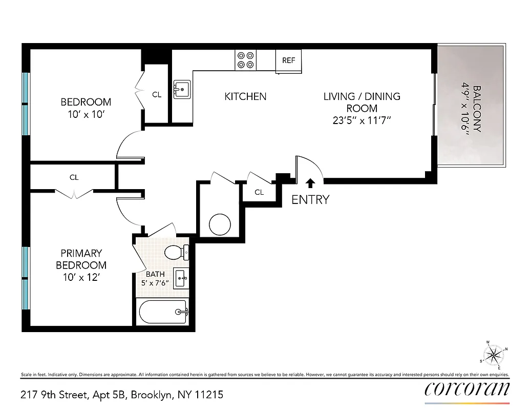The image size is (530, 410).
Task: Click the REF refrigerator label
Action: point(289,60)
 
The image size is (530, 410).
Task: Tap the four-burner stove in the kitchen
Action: point(246,60)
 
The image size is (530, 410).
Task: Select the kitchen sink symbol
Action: point(182,90)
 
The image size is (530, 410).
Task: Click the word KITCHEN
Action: point(245,96)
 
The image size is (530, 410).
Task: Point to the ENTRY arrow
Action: point(310,183)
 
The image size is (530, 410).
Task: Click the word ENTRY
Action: point(310,200)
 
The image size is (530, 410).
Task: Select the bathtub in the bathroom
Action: point(163,311)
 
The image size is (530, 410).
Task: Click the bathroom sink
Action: point(181,278)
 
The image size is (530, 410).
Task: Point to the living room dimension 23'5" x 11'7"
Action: point(362,121)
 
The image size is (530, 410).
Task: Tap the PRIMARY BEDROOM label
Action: point(81,259)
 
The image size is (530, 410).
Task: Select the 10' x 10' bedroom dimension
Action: point(86,114)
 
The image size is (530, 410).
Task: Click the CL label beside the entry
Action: point(259,192)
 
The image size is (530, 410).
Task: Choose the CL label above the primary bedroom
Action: point(74,177)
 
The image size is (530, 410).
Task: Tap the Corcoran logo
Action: point(467,389)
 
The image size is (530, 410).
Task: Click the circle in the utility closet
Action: point(220,223)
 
